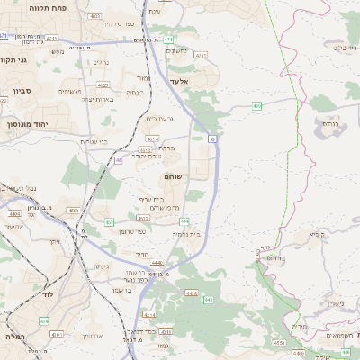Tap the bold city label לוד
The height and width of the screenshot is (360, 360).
pos(45,320)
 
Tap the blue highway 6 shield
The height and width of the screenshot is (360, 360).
pos(211,139)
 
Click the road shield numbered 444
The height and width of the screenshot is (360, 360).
pos(184,220)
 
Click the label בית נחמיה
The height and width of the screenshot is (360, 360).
pos(187,233)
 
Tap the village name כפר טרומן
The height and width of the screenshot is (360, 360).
pos(132,232)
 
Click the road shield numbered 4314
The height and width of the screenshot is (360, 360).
pos(148,315)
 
